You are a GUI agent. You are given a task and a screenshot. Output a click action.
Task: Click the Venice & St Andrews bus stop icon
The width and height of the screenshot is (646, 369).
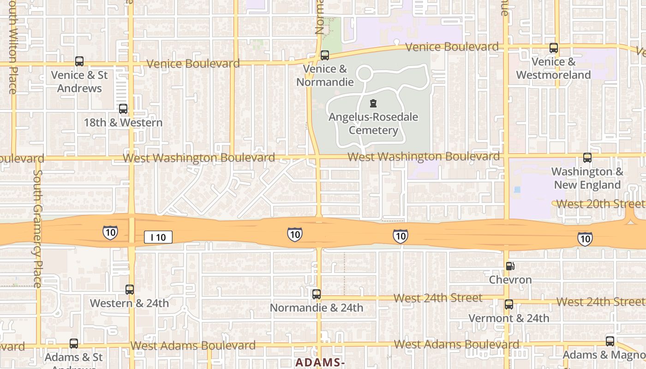click(x=79, y=61)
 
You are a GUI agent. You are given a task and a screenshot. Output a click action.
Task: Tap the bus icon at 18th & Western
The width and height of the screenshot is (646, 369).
click(x=123, y=109)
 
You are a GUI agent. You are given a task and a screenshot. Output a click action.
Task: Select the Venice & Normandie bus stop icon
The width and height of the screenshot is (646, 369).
click(x=325, y=55)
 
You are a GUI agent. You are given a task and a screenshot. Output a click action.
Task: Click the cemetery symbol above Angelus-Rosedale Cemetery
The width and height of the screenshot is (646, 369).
click(x=373, y=103)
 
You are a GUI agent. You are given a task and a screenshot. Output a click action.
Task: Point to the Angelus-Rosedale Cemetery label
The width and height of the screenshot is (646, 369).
click(x=373, y=124)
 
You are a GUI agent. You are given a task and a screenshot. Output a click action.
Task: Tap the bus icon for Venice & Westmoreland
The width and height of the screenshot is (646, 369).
click(x=554, y=48)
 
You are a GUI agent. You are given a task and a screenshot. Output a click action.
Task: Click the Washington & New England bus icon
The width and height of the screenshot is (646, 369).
click(x=587, y=158)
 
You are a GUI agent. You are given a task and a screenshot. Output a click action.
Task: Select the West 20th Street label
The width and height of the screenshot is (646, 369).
click(x=600, y=204)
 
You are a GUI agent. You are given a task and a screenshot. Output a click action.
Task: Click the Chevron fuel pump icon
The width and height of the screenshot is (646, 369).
click(x=510, y=266)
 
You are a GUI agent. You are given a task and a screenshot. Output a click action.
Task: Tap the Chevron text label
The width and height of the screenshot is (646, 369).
click(x=510, y=280)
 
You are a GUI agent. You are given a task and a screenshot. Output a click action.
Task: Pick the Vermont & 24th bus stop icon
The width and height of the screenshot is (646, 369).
click(x=509, y=304)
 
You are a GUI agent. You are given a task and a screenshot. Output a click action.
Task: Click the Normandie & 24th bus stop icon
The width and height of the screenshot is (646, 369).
click(x=317, y=294)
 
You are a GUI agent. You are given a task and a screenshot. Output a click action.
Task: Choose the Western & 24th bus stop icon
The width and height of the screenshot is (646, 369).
click(x=130, y=290)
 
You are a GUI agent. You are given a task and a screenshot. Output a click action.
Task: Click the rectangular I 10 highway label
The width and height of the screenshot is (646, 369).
click(x=158, y=238)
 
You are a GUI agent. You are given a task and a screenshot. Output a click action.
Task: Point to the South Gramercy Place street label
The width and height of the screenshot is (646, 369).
click(x=37, y=228)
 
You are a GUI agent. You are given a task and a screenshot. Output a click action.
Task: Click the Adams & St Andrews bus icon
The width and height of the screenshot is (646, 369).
click(x=74, y=344)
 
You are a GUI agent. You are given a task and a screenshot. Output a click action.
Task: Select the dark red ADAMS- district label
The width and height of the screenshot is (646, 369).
click(x=320, y=363)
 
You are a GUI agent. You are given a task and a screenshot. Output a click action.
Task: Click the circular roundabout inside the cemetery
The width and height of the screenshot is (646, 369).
click(x=365, y=73)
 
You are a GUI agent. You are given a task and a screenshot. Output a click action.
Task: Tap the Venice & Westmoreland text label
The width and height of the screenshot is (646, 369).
click(x=553, y=68)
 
